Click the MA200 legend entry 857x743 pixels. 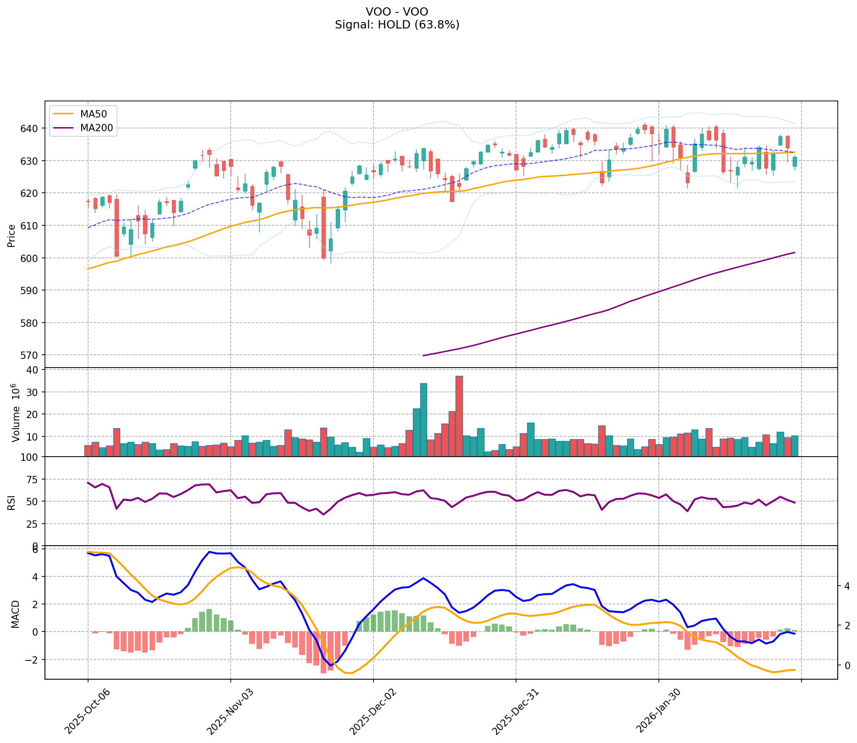pyautogui.click(x=96, y=128)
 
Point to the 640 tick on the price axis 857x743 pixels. pyautogui.click(x=32, y=128)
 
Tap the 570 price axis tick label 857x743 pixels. pyautogui.click(x=32, y=355)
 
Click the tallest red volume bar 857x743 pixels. pyautogui.click(x=459, y=415)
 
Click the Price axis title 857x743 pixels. pyautogui.click(x=11, y=235)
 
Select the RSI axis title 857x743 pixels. pyautogui.click(x=11, y=502)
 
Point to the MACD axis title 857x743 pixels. pyautogui.click(x=15, y=614)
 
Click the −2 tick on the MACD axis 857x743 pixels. pyautogui.click(x=33, y=659)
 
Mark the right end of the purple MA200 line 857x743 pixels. pyautogui.click(x=795, y=252)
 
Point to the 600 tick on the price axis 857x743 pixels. pyautogui.click(x=32, y=258)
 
